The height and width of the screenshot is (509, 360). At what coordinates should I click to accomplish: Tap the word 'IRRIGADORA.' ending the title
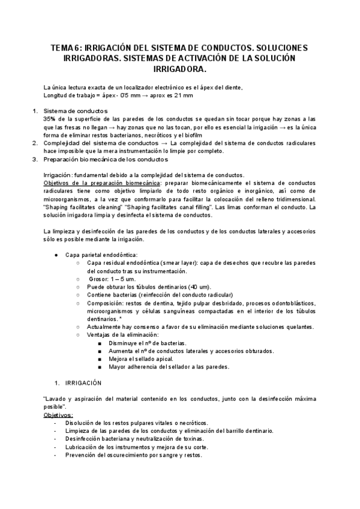[x=180, y=70]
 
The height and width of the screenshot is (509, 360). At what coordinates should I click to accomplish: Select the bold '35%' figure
[x=50, y=119]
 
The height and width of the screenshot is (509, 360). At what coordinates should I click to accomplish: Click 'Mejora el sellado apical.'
[x=142, y=358]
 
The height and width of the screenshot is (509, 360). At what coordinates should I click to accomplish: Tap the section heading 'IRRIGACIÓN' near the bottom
[x=83, y=382]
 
